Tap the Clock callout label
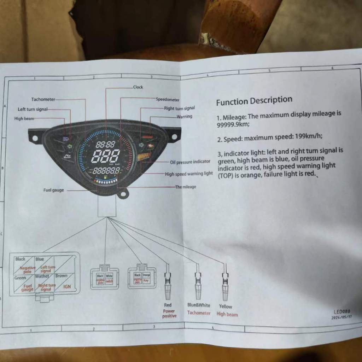(138, 87)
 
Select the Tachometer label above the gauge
(43, 99)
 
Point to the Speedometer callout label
(168, 100)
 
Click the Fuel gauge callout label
(54, 190)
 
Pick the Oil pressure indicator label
(190, 162)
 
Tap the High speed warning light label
(189, 174)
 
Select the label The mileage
(186, 187)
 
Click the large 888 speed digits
(105, 156)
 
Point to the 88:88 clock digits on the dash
(105, 144)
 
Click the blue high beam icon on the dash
(66, 139)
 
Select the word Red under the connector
(168, 305)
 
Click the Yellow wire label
(226, 306)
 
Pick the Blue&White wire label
(199, 305)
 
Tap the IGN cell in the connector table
(67, 287)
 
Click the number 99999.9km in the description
(234, 124)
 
